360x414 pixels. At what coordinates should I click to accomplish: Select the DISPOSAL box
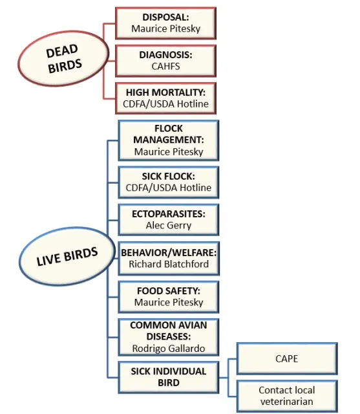tap(165, 23)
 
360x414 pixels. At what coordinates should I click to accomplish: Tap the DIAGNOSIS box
tap(165, 60)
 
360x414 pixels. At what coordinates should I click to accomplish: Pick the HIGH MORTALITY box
tap(165, 98)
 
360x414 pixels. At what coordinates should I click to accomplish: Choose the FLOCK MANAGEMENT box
tap(168, 140)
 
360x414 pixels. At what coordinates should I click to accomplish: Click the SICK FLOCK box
tap(168, 182)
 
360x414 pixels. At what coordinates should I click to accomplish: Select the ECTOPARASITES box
tap(168, 220)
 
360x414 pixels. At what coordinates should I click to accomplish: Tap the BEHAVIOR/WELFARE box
tap(168, 257)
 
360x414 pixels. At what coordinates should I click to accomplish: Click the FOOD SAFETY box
tap(168, 296)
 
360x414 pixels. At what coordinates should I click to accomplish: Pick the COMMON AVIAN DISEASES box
tap(168, 337)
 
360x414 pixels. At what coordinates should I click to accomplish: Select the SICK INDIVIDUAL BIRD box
tap(168, 376)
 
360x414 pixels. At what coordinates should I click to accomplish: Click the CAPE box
tap(286, 358)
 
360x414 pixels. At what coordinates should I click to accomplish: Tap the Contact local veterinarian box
tap(286, 395)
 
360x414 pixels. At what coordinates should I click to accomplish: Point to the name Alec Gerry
tap(168, 226)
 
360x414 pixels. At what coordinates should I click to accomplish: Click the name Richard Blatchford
tap(168, 264)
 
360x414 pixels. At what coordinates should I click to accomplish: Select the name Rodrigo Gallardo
tap(168, 349)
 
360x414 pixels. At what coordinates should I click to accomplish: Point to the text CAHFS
tap(165, 66)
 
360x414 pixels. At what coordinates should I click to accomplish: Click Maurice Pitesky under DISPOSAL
tap(165, 28)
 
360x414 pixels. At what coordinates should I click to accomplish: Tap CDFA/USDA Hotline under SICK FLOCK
tap(168, 188)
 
